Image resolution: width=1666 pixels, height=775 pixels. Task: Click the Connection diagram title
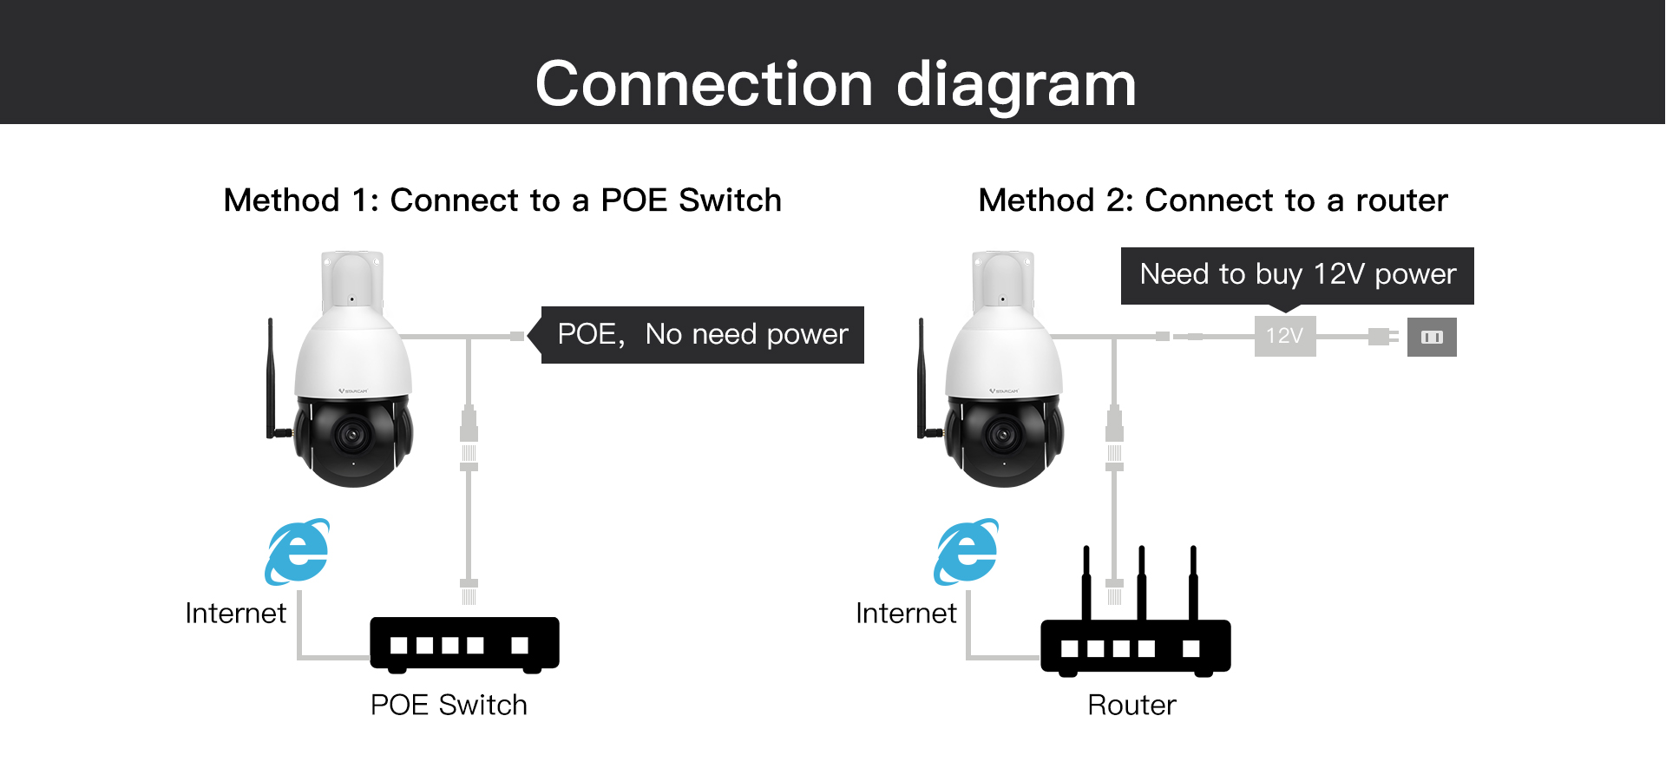click(x=836, y=84)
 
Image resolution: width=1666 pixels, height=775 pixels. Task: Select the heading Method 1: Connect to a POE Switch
click(x=502, y=200)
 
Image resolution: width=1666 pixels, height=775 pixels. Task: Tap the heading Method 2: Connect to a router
click(x=1213, y=200)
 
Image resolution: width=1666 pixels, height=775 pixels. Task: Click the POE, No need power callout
click(x=702, y=334)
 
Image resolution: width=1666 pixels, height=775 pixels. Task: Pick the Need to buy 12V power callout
click(x=1297, y=275)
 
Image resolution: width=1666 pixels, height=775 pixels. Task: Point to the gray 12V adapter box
click(x=1285, y=336)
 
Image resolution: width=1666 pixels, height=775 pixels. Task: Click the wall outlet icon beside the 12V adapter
click(x=1432, y=338)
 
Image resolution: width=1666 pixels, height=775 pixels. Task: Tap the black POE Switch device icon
click(x=464, y=644)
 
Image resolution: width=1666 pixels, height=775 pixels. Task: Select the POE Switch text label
click(x=449, y=705)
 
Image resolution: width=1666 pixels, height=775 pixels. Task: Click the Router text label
click(x=1131, y=705)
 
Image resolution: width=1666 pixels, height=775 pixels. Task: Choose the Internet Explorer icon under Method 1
click(x=298, y=552)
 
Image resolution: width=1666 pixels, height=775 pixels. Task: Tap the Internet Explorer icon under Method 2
click(x=967, y=552)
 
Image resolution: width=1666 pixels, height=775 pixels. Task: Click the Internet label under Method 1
click(x=235, y=614)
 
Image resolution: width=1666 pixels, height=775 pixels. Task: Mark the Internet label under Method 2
click(x=906, y=614)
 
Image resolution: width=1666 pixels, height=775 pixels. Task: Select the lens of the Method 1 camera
click(x=352, y=434)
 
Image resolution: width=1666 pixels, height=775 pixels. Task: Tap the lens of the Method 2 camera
click(x=1004, y=434)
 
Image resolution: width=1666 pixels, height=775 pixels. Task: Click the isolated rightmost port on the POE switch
click(x=520, y=645)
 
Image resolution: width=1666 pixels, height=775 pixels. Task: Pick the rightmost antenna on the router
click(x=1193, y=581)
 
